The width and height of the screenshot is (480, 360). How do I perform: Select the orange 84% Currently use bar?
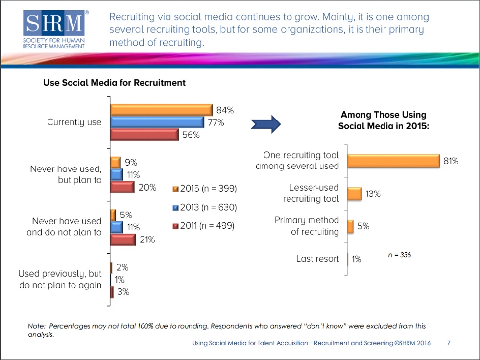(161, 110)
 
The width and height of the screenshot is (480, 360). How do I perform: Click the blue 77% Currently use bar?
(157, 122)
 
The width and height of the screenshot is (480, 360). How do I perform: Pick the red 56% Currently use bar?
(144, 134)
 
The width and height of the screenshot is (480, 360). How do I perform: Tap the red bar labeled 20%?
(122, 187)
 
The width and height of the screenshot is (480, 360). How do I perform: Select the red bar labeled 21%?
(122, 240)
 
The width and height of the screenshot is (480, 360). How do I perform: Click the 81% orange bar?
(393, 161)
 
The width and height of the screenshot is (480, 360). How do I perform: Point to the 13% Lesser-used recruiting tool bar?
(354, 194)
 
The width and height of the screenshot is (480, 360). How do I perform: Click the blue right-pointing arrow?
(265, 124)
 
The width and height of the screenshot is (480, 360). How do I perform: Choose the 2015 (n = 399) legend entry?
(205, 189)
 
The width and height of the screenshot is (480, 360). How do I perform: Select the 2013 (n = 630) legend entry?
(205, 207)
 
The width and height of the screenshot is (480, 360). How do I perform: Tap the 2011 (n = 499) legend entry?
(205, 226)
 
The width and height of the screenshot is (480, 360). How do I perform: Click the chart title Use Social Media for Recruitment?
(115, 83)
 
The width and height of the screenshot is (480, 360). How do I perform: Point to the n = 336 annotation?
(399, 255)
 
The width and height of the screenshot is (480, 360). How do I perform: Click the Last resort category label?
(317, 259)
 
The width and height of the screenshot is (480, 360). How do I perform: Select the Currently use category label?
(74, 122)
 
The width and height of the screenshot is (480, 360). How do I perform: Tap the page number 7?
(449, 343)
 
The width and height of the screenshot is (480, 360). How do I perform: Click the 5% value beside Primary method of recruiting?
(363, 226)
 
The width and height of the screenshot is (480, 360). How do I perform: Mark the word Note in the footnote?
(36, 326)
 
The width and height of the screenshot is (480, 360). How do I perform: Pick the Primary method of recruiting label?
(307, 226)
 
